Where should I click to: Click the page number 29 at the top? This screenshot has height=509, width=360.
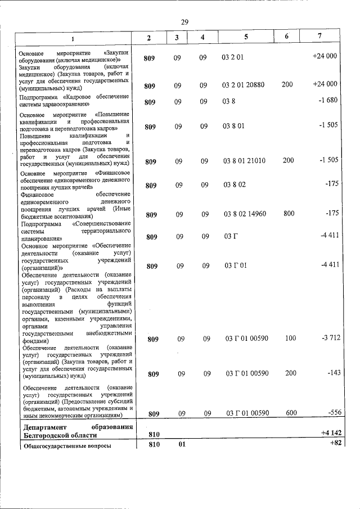pyautogui.click(x=184, y=21)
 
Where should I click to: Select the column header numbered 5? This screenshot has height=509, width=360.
pyautogui.click(x=245, y=37)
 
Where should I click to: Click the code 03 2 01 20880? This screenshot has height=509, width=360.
pyautogui.click(x=244, y=85)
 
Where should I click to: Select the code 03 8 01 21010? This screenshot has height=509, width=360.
pyautogui.click(x=245, y=161)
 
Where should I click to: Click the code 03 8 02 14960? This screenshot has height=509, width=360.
pyautogui.click(x=245, y=214)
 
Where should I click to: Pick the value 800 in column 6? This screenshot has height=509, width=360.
pyautogui.click(x=288, y=214)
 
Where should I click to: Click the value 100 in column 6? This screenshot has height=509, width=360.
pyautogui.click(x=290, y=339)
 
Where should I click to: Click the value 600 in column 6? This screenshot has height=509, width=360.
pyautogui.click(x=291, y=413)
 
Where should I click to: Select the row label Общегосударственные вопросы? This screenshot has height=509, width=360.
pyautogui.click(x=65, y=446)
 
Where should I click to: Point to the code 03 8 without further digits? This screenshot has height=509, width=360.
pyautogui.click(x=228, y=101)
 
